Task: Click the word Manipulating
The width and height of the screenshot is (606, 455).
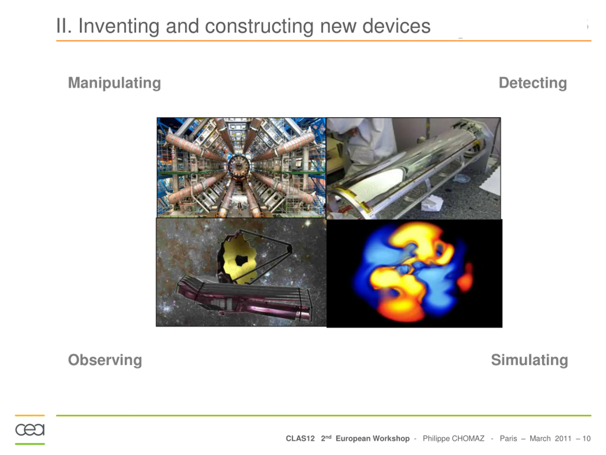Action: [114, 83]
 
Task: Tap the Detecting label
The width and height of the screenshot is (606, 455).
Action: [533, 83]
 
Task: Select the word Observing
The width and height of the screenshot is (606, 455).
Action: [105, 360]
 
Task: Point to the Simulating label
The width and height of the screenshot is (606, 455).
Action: [529, 360]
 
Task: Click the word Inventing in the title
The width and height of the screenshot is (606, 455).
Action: [119, 26]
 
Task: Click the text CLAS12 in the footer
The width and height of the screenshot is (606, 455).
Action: [300, 439]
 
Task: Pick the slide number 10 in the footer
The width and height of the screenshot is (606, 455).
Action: [586, 439]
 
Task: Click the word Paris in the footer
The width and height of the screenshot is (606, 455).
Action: [508, 439]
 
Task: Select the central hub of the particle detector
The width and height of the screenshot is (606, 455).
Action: [239, 166]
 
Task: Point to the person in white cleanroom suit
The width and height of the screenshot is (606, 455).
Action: [362, 148]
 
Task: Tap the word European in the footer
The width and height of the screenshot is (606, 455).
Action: [353, 439]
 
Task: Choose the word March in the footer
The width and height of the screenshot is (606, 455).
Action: [540, 439]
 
